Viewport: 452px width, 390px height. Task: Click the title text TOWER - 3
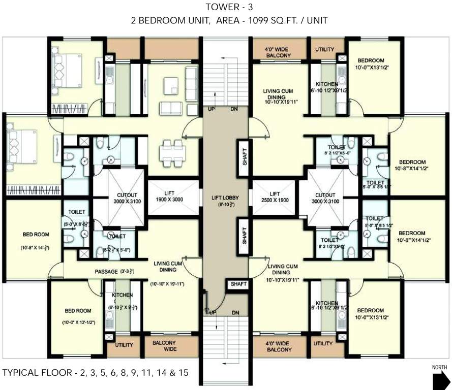tap(225, 7)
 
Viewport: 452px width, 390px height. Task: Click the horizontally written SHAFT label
tap(237, 284)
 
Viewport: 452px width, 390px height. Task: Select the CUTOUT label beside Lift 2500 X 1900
tap(325, 198)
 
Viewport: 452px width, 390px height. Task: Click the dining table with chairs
tap(171, 153)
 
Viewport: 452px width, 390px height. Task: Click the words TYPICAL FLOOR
tap(36, 373)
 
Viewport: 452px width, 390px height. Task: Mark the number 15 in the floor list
tap(183, 373)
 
